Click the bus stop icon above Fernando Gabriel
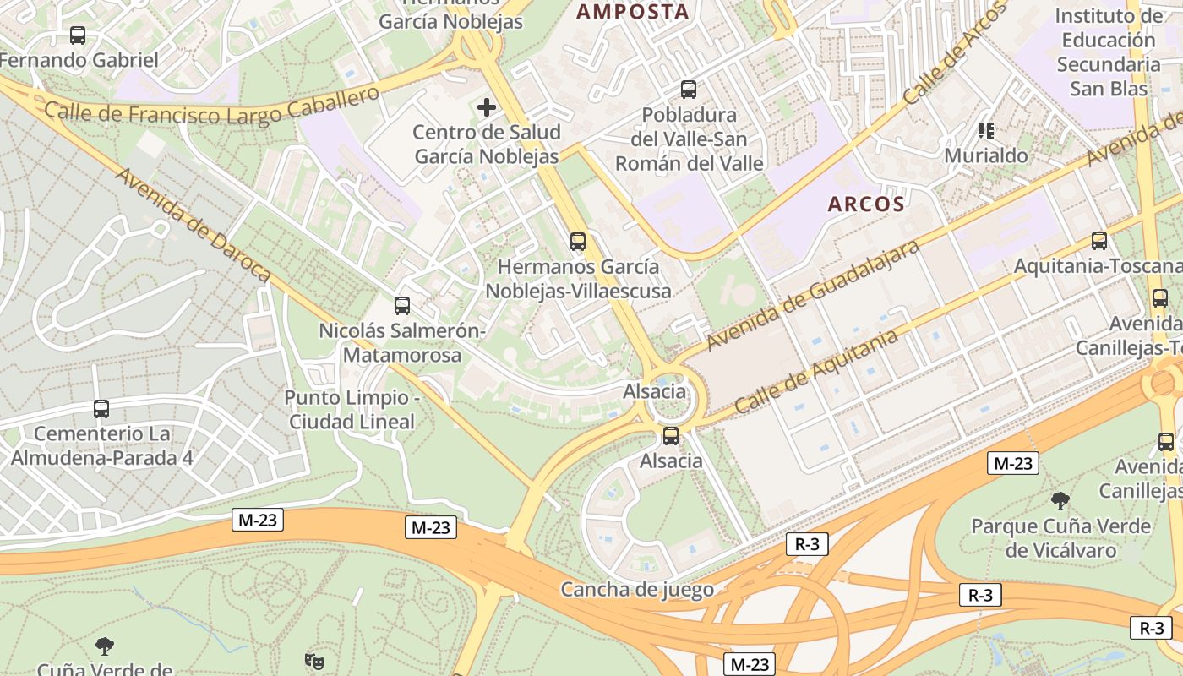pos(78,35)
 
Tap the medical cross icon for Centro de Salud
pos(487,107)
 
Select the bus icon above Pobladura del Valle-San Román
pos(689,90)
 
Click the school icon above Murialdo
pos(985,131)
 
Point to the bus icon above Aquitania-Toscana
pos(1098,241)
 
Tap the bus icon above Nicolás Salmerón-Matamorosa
pos(402,306)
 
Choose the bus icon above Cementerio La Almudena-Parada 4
pos(101,409)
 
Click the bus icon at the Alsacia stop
pos(671,436)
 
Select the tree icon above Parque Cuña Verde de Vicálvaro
pos(1060,501)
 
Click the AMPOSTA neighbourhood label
pos(633,12)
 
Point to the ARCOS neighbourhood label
pos(866,204)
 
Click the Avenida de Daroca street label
pos(193,225)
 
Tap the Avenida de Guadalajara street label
pos(813,294)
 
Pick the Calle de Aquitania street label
pos(816,372)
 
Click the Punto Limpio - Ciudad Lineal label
pos(352,410)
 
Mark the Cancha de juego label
pos(637,590)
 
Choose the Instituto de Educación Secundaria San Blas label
pos(1109,52)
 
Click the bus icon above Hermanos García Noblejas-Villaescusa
pos(578,242)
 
